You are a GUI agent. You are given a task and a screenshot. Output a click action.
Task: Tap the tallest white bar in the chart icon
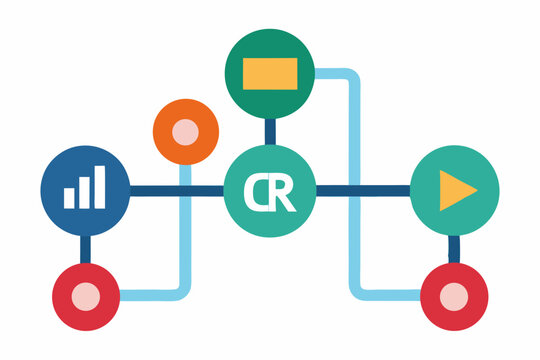click(x=99, y=186)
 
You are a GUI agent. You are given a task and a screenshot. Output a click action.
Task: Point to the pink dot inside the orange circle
click(x=185, y=132)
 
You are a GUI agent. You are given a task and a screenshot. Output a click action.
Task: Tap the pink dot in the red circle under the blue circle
click(x=86, y=296)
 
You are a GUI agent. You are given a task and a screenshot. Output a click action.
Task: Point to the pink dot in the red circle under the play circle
click(x=454, y=296)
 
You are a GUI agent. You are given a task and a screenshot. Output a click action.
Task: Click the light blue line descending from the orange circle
click(x=184, y=240)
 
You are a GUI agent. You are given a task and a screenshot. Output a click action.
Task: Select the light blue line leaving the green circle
click(x=352, y=180)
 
